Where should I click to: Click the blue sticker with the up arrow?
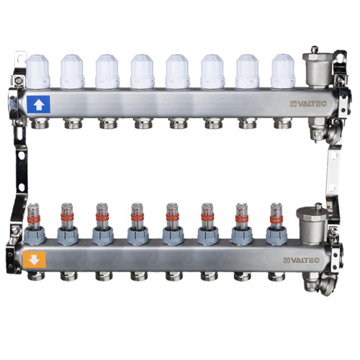pyautogui.click(x=38, y=104)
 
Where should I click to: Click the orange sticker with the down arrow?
pyautogui.click(x=34, y=259)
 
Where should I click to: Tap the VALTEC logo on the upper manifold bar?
pyautogui.click(x=308, y=104)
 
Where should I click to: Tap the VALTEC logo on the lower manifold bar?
pyautogui.click(x=302, y=260)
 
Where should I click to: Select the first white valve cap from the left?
pyautogui.click(x=37, y=71)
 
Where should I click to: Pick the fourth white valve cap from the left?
pyautogui.click(x=143, y=71)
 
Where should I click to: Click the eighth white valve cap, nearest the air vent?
pyautogui.click(x=283, y=71)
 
